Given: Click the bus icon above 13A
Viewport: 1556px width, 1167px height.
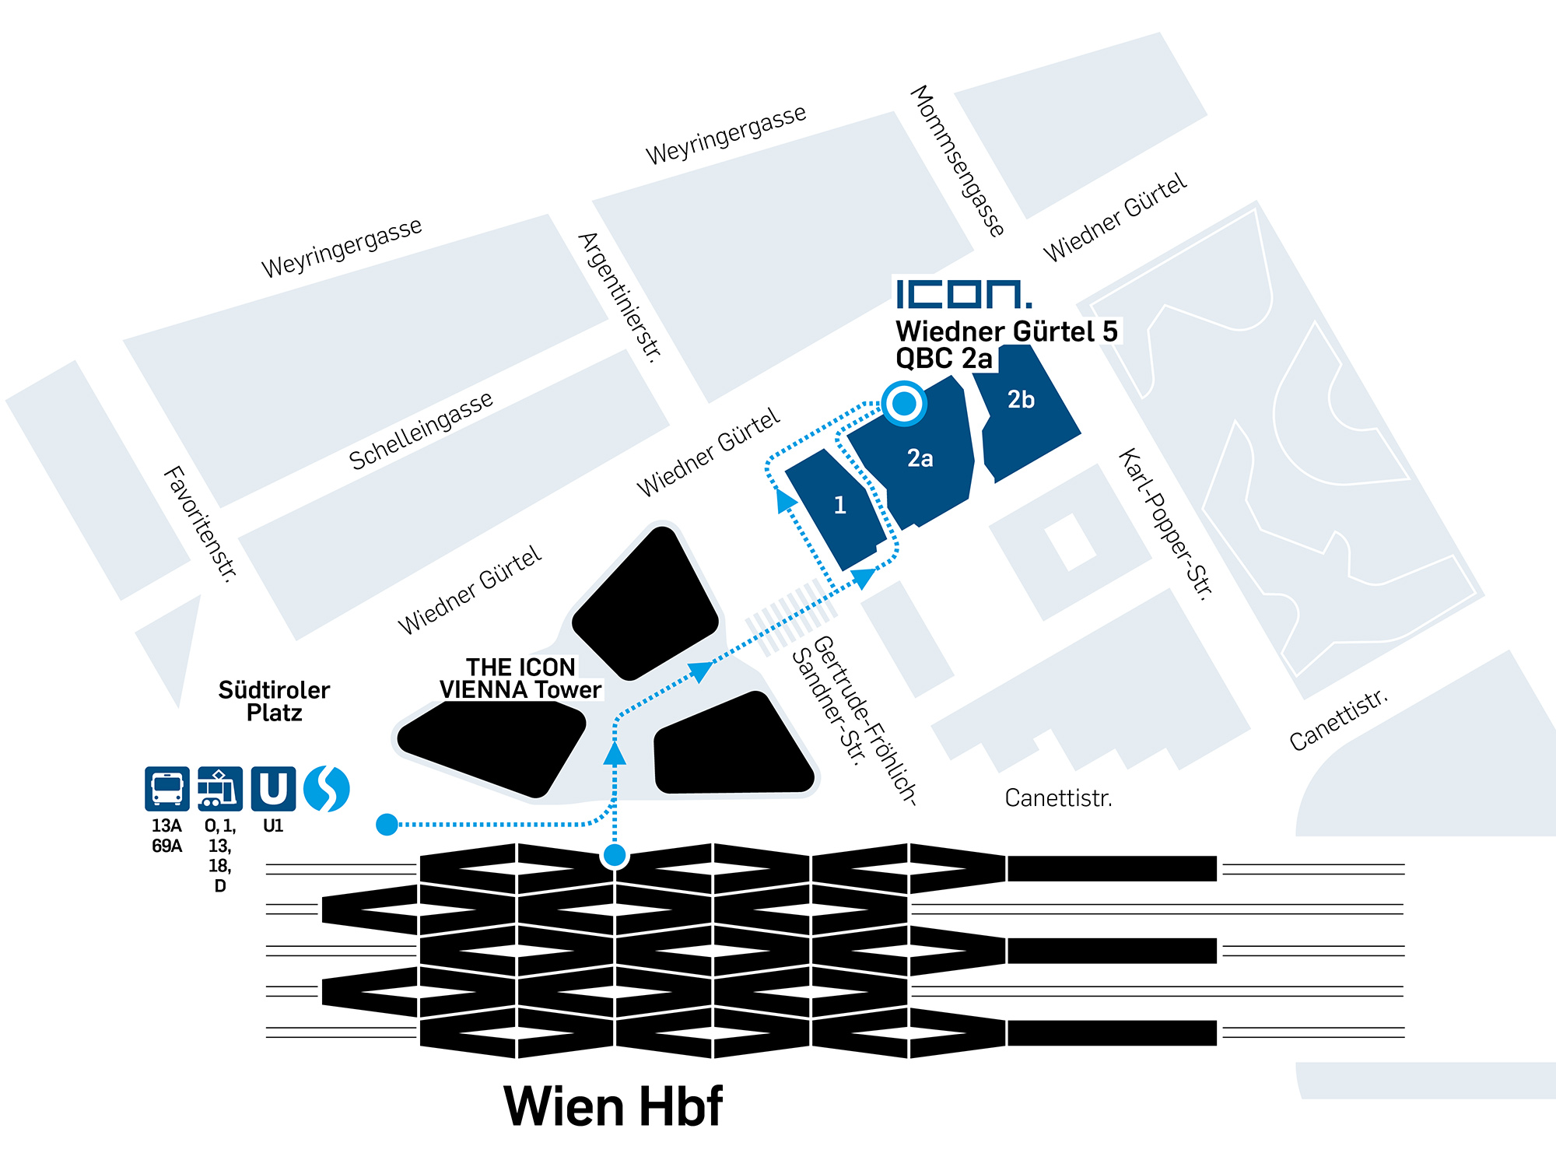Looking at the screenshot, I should [166, 789].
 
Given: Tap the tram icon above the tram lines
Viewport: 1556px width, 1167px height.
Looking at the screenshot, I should [219, 789].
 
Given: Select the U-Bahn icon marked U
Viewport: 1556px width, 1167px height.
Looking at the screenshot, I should [273, 789].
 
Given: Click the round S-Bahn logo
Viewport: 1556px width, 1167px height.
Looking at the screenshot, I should [327, 789].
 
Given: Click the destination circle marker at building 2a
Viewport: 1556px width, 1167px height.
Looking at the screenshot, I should [904, 403].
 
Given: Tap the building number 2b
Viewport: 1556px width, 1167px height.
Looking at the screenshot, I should [1021, 400].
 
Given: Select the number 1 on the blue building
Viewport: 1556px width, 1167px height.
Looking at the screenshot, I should [839, 506].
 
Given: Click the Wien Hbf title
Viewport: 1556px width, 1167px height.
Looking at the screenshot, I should [613, 1106].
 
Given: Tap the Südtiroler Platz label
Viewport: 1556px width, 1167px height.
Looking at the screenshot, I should [274, 701].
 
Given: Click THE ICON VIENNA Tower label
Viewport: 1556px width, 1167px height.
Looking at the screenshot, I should [520, 678].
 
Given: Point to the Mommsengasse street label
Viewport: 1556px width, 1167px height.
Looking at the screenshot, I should [957, 160].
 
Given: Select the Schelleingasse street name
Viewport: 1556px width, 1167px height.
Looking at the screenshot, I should [420, 429].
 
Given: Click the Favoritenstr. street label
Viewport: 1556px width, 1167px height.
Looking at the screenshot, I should [199, 524].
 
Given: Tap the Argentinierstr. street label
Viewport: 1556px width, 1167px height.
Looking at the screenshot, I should [621, 296].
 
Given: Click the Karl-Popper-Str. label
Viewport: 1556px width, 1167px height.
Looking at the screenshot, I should [1165, 524].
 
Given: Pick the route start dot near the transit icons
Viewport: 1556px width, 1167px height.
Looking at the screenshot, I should [387, 824].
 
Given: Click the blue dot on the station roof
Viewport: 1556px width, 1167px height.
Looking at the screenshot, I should [615, 856].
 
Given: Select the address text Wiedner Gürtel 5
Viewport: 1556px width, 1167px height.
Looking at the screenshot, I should [1006, 331].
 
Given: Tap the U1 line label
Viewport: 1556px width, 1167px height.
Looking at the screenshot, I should [273, 825].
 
